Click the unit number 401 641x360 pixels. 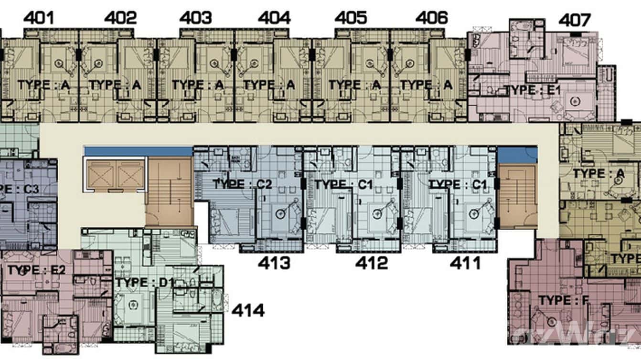coord(39,18)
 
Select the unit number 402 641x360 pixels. coord(120,18)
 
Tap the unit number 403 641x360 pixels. coord(195,18)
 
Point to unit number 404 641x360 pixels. coord(274,18)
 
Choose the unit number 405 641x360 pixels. coord(351,18)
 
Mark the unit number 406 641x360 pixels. coord(431,18)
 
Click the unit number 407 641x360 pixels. coord(575,21)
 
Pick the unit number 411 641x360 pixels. coord(465,263)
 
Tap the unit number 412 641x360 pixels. coord(372,263)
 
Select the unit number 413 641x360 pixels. coord(274,263)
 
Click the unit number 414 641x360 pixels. coord(248,311)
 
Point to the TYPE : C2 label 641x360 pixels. coord(242,184)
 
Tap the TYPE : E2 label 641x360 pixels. coord(36,270)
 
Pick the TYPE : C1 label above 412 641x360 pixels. coord(343,184)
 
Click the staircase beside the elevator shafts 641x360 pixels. coord(169,192)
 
